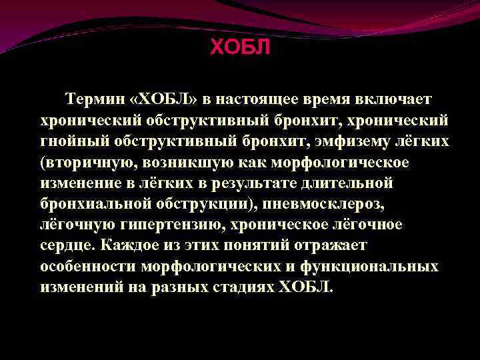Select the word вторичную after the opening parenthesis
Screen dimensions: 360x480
[79, 162]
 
